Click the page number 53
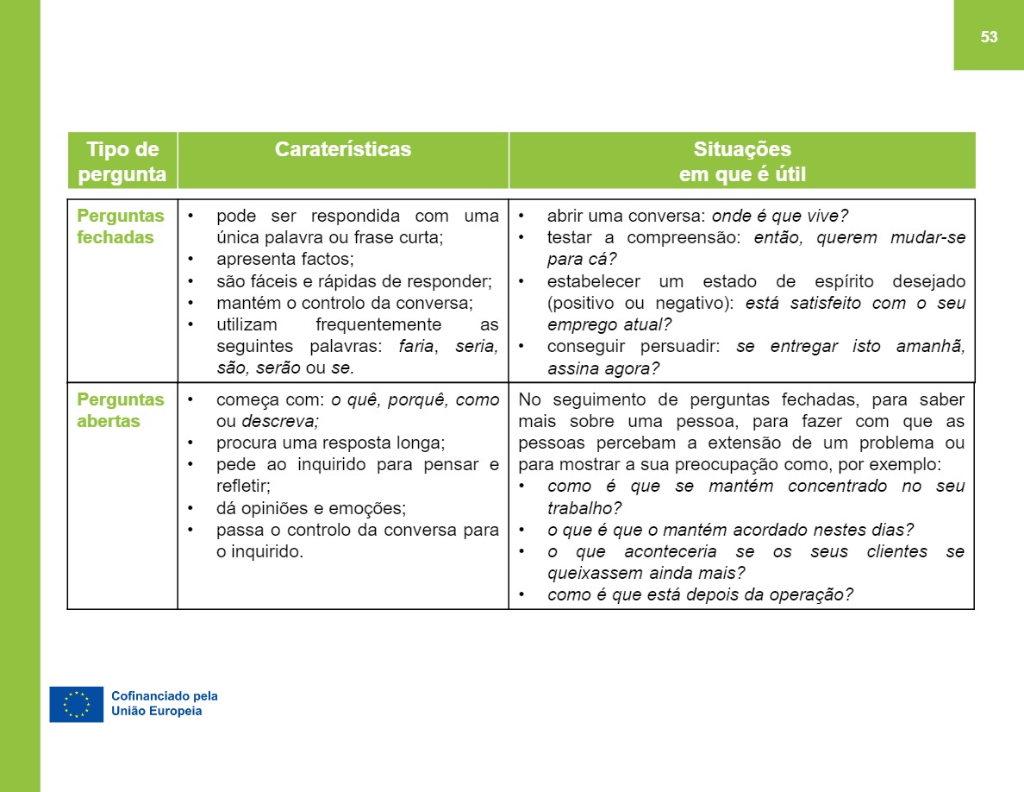[989, 36]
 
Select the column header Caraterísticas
[343, 149]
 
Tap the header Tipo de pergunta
[122, 161]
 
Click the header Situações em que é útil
[742, 161]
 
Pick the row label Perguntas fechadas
[121, 227]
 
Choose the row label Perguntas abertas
[121, 411]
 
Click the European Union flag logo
[76, 704]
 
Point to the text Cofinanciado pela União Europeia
[165, 704]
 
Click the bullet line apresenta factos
[285, 259]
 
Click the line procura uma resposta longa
[330, 443]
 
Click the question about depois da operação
[700, 595]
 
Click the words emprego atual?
[609, 325]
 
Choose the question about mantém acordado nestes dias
[730, 530]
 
